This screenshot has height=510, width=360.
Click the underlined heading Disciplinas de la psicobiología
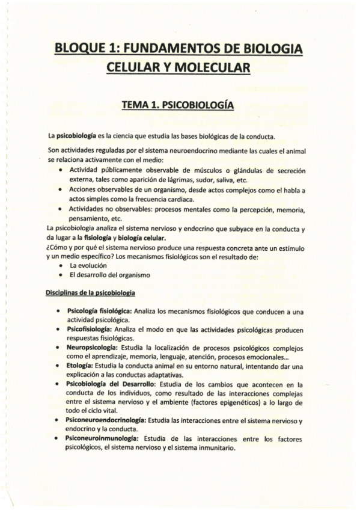(90, 293)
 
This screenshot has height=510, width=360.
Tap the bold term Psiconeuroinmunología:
(105, 439)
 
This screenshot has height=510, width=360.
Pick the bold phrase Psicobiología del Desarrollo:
(112, 384)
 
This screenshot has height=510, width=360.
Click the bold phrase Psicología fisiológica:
(98, 312)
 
